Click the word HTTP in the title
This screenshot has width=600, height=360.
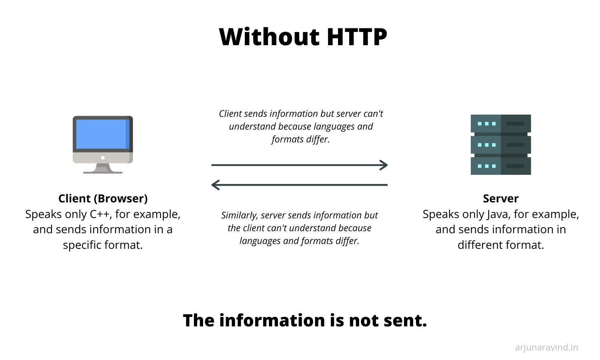click(x=357, y=37)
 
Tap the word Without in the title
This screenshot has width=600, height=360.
click(x=269, y=37)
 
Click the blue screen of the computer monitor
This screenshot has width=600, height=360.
click(x=103, y=134)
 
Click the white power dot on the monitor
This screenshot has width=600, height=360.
click(x=103, y=158)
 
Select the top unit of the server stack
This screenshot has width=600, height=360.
click(x=501, y=124)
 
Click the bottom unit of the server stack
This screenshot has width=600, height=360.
click(x=501, y=166)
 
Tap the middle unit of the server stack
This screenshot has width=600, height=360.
click(x=501, y=145)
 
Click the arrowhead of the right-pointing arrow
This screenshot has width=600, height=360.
click(x=384, y=165)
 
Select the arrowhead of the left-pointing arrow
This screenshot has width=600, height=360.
click(x=215, y=185)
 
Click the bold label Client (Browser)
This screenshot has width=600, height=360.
click(x=103, y=199)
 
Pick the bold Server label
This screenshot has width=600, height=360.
click(x=501, y=199)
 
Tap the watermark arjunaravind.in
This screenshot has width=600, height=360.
click(x=546, y=348)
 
